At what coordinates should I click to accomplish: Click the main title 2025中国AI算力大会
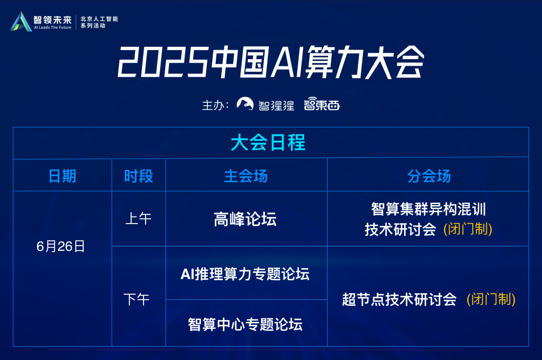click(270, 62)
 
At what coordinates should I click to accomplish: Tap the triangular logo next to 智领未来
click(21, 22)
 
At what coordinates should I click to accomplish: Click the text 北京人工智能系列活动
click(99, 22)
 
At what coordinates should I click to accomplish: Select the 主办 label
click(215, 105)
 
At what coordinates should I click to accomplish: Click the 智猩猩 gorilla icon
click(245, 104)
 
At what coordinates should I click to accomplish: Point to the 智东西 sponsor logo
click(322, 104)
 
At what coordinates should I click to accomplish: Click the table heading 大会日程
click(268, 142)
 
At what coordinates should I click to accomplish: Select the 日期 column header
click(62, 176)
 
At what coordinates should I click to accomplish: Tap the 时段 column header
click(139, 176)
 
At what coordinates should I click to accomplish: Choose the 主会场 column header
click(246, 176)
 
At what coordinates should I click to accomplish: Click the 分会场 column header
click(429, 176)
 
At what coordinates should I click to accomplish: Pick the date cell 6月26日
click(61, 246)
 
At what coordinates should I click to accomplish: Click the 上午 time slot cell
click(139, 219)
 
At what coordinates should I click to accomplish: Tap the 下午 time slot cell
click(137, 299)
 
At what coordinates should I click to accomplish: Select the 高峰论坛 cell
click(245, 219)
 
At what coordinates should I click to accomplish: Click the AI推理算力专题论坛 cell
click(245, 274)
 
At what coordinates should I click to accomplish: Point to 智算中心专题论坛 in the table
click(245, 324)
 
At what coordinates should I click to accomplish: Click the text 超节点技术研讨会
click(399, 299)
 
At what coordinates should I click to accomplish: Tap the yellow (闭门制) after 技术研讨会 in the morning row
click(468, 229)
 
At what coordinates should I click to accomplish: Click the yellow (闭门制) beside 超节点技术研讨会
click(491, 299)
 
